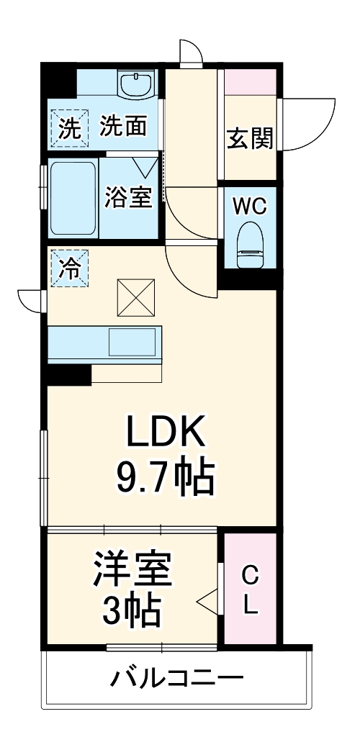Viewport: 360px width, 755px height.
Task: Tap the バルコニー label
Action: (176, 677)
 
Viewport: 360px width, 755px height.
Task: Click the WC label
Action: (249, 206)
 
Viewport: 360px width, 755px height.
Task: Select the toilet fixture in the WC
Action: (250, 244)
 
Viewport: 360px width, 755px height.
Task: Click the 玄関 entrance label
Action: (251, 137)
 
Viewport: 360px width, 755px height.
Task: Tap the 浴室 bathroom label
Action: (129, 197)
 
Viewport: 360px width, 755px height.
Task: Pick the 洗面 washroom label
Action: (123, 127)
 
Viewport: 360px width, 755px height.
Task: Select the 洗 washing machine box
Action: (69, 129)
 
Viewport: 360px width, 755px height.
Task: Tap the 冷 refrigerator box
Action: (69, 268)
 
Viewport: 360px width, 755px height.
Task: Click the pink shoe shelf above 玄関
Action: (250, 81)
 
